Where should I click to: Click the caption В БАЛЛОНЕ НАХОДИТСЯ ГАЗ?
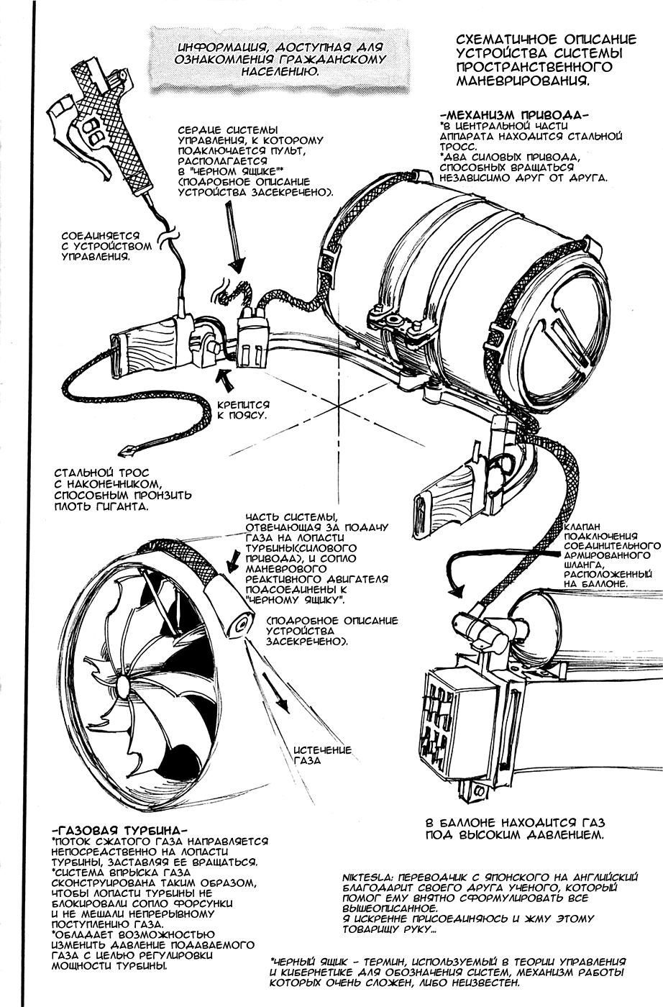pos(515,823)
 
